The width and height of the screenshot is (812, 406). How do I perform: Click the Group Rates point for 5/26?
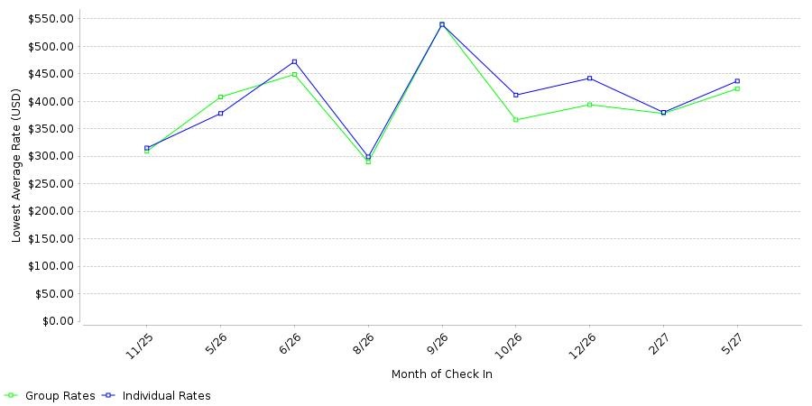pos(221,97)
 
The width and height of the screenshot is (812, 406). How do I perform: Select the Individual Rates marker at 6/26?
pos(295,61)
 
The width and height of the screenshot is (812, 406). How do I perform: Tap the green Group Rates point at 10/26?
pos(516,120)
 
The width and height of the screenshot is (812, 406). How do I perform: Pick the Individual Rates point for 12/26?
pos(590,78)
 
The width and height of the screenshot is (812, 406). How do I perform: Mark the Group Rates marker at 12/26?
pos(590,105)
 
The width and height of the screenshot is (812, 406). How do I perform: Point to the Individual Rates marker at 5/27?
pos(737,81)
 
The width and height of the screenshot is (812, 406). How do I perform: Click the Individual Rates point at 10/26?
pos(516,95)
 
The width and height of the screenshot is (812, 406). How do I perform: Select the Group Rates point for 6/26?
pos(295,75)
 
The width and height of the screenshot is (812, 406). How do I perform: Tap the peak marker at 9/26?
pos(442,24)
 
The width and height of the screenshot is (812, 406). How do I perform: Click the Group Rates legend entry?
pos(51,396)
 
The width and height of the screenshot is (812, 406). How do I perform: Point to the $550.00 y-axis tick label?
pos(51,19)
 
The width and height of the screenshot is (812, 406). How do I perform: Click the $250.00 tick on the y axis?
pos(51,184)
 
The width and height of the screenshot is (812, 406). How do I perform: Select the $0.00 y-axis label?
pos(57,321)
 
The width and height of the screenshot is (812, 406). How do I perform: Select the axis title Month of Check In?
pos(442,374)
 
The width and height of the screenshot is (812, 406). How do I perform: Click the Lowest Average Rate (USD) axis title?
pos(16,166)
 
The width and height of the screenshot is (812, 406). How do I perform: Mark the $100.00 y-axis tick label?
pos(51,267)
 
